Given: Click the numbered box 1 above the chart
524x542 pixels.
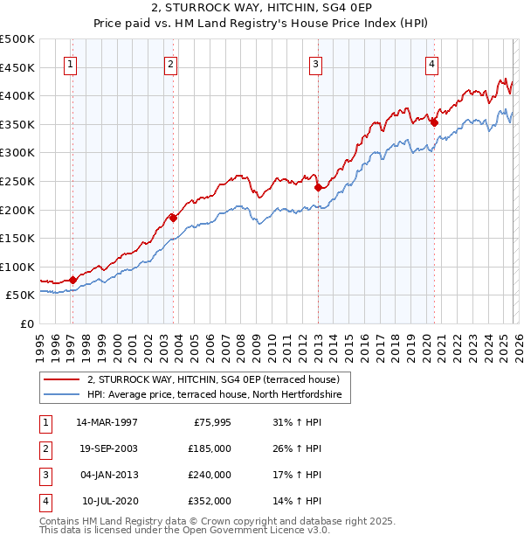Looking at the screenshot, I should (x=70, y=63).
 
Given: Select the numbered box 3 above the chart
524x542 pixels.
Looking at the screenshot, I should (x=315, y=63).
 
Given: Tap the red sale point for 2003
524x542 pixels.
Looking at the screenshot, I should (x=173, y=218).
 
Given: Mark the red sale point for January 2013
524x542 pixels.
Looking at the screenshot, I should (x=318, y=187).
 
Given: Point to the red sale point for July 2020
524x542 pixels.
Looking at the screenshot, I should (x=434, y=123).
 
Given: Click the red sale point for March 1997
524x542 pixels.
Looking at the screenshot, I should (x=72, y=280).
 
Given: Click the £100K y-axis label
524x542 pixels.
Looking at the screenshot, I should (x=17, y=267).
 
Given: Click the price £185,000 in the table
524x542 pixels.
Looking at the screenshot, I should (x=210, y=448).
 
